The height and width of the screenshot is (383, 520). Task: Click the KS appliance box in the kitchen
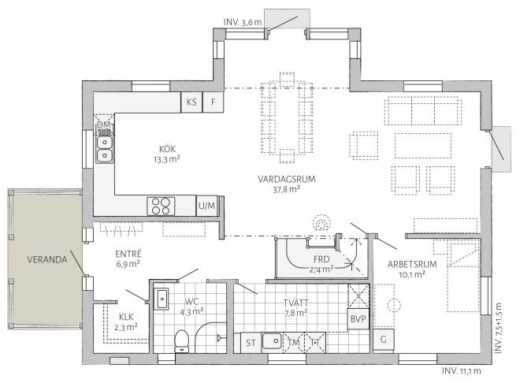point(191,102)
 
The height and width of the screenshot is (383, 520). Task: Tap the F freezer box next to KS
point(212,102)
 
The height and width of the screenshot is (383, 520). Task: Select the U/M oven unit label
point(206,206)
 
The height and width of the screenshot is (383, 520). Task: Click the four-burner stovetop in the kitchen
point(161,206)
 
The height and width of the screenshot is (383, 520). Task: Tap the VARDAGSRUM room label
point(287,180)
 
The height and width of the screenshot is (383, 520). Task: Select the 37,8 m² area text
point(287,190)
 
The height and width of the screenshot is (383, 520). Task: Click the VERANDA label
point(46,259)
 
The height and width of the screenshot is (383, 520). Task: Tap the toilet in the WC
point(181,340)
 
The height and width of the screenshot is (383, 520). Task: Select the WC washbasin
point(162,299)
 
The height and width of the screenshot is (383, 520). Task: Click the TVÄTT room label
point(296,302)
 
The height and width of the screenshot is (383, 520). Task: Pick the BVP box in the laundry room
point(358,318)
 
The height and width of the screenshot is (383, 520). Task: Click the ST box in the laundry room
point(251,342)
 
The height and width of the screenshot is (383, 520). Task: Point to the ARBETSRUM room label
point(407,265)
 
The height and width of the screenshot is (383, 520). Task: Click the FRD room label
point(320,258)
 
